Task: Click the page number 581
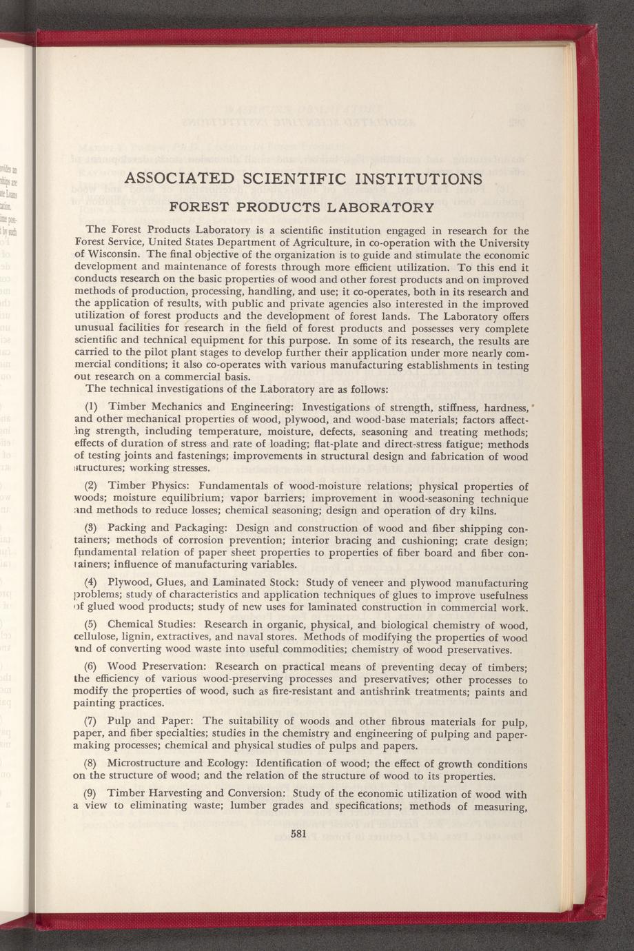pos(298,833)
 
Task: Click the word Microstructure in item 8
pos(145,764)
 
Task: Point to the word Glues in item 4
pos(175,583)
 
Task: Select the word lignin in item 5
pos(137,637)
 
